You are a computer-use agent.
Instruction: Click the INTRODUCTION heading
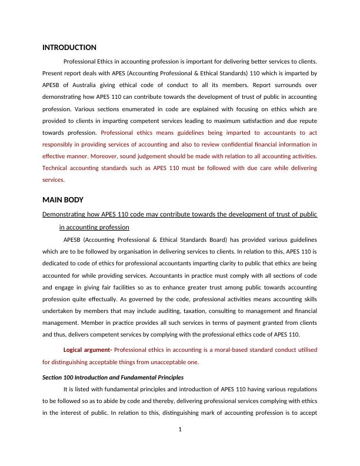69,47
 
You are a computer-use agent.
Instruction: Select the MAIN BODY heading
64,200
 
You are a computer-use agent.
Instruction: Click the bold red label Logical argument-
87,349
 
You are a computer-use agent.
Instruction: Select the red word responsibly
61,144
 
